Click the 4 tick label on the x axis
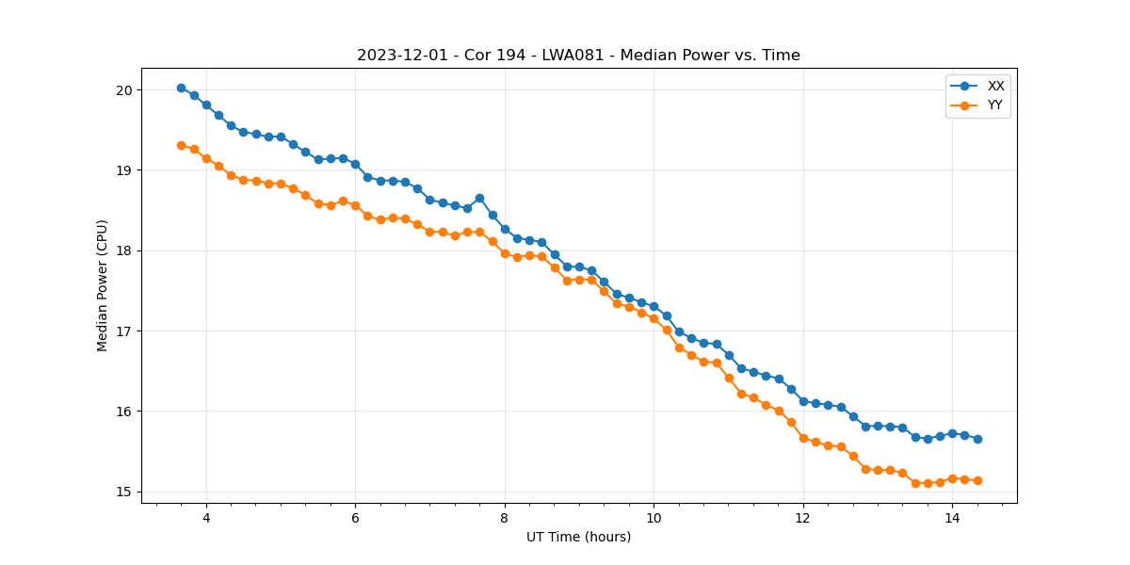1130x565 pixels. (x=206, y=518)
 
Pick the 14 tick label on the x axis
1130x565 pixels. (x=952, y=518)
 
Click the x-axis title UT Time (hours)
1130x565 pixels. (x=578, y=537)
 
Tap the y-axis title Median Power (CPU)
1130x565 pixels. (x=103, y=285)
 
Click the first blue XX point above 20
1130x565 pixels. (x=181, y=88)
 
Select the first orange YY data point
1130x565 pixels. (x=181, y=145)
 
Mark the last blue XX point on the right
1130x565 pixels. (x=977, y=439)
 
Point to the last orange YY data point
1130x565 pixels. (x=977, y=480)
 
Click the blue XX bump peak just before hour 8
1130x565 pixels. (x=479, y=198)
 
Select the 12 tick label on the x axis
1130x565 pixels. (x=803, y=518)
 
